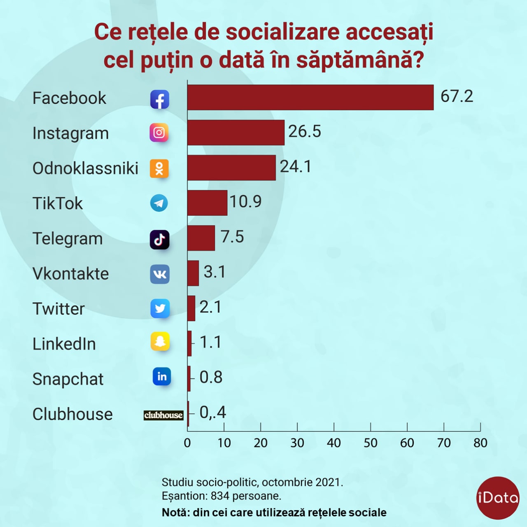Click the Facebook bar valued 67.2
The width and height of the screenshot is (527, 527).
[310, 98]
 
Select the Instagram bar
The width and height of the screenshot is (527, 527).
[236, 133]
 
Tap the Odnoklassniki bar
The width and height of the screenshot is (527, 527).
[231, 168]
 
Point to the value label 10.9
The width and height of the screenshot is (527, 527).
[245, 202]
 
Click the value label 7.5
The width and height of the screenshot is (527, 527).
[232, 237]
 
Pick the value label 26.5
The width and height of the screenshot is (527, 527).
[304, 131]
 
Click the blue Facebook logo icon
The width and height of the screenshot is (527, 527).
[160, 99]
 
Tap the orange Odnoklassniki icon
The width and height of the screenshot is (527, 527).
[159, 168]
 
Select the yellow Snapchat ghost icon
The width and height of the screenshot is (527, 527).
[160, 341]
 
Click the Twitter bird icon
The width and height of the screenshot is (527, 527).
[160, 308]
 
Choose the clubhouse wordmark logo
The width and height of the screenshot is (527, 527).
[163, 415]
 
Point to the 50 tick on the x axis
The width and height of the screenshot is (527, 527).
[370, 443]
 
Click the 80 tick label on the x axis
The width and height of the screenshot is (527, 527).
[480, 443]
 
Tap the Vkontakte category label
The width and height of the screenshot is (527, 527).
[70, 274]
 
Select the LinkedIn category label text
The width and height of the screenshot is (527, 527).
[64, 344]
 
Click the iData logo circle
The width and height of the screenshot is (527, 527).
[497, 498]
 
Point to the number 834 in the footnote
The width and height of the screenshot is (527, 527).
[220, 496]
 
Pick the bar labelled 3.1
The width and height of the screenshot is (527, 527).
[193, 273]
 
